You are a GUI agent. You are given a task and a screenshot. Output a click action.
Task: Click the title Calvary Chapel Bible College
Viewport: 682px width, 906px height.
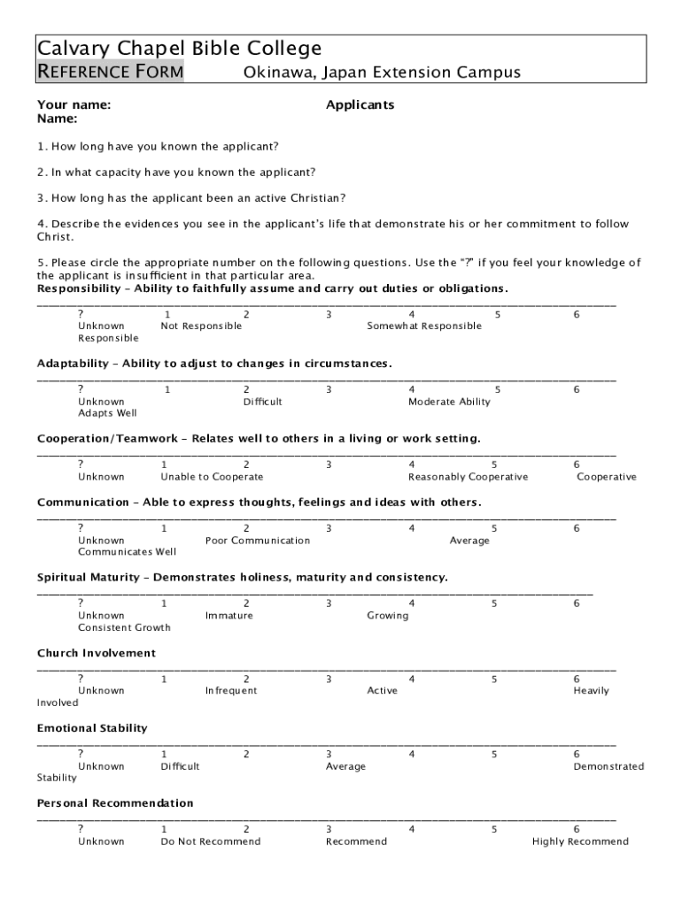pyautogui.click(x=179, y=48)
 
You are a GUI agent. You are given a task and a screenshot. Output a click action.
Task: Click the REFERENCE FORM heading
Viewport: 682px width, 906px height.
pyautogui.click(x=110, y=72)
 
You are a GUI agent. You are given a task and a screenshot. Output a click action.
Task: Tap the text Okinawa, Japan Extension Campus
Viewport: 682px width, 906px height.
pyautogui.click(x=382, y=73)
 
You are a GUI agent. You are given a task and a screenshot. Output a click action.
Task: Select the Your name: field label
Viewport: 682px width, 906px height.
pyautogui.click(x=74, y=105)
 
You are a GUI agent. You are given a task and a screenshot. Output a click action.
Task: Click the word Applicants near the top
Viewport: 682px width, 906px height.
pyautogui.click(x=360, y=105)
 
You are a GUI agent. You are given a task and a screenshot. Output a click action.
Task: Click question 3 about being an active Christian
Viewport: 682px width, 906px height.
pyautogui.click(x=191, y=197)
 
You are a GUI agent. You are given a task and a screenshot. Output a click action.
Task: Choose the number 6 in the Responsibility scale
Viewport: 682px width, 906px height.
pyautogui.click(x=577, y=314)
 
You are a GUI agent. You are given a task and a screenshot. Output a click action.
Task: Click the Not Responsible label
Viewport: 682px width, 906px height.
pyautogui.click(x=201, y=326)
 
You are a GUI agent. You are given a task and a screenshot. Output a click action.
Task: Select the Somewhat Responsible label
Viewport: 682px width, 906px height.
pyautogui.click(x=424, y=326)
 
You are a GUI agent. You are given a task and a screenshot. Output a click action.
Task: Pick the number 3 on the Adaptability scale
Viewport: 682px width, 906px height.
pyautogui.click(x=328, y=389)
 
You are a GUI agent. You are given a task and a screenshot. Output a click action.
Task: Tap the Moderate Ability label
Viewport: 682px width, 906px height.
pyautogui.click(x=449, y=402)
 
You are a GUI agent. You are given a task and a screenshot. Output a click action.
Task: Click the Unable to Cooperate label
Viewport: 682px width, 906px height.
pyautogui.click(x=212, y=477)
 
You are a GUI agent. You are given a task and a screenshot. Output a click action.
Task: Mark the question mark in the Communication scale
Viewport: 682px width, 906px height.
pyautogui.click(x=81, y=528)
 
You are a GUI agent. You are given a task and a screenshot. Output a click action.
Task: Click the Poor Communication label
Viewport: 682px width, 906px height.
pyautogui.click(x=258, y=541)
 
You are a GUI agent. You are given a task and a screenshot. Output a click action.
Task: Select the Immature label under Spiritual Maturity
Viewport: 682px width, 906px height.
pyautogui.click(x=229, y=616)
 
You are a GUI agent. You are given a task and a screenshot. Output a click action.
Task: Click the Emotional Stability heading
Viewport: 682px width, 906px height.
pyautogui.click(x=92, y=728)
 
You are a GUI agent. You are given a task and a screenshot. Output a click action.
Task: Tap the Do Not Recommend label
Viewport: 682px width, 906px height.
pyautogui.click(x=211, y=841)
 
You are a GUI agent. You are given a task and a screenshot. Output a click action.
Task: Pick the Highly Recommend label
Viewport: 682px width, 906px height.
pyautogui.click(x=580, y=841)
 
